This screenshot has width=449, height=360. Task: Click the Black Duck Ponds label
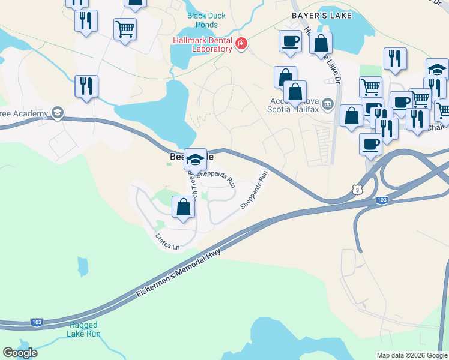click(203, 20)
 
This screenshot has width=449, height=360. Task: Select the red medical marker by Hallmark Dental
click(241, 43)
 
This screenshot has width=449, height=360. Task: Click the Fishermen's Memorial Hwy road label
click(179, 273)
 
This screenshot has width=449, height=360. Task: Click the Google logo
click(20, 353)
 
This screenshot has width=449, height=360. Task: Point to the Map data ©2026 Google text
click(412, 355)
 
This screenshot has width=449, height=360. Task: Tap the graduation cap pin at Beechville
click(195, 160)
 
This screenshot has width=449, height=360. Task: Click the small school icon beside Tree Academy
click(57, 113)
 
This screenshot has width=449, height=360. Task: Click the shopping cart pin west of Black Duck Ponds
click(125, 29)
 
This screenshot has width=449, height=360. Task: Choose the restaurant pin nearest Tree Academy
click(86, 86)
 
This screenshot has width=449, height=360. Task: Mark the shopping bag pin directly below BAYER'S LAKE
click(321, 43)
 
